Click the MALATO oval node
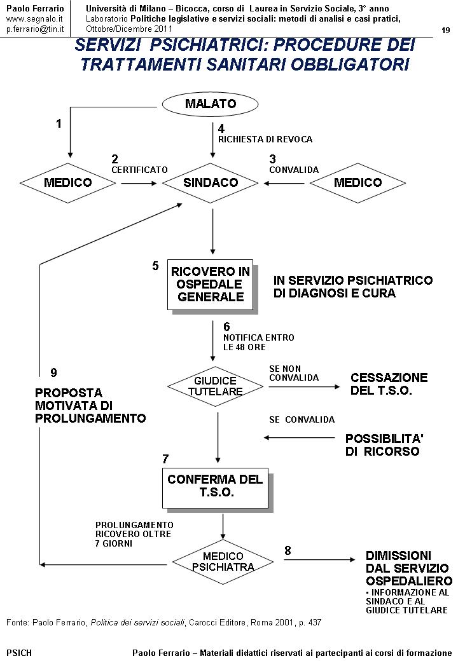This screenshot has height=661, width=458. [211, 104]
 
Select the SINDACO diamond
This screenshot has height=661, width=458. [211, 182]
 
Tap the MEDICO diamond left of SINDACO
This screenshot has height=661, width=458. [67, 182]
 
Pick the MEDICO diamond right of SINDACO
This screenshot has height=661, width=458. [357, 182]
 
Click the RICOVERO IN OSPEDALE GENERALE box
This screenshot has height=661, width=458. [211, 284]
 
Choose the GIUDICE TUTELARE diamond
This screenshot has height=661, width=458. [216, 386]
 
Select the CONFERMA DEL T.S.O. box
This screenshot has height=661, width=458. [215, 486]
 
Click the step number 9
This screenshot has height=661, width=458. [53, 372]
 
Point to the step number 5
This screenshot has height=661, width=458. [155, 266]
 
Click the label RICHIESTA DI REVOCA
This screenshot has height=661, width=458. [265, 139]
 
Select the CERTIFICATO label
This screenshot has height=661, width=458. [139, 170]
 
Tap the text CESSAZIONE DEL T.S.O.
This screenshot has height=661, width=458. [389, 384]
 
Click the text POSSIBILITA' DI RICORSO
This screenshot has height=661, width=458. [384, 445]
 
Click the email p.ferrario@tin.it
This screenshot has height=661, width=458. [35, 29]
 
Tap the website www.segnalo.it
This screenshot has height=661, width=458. [35, 19]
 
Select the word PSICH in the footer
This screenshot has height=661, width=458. [19, 652]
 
